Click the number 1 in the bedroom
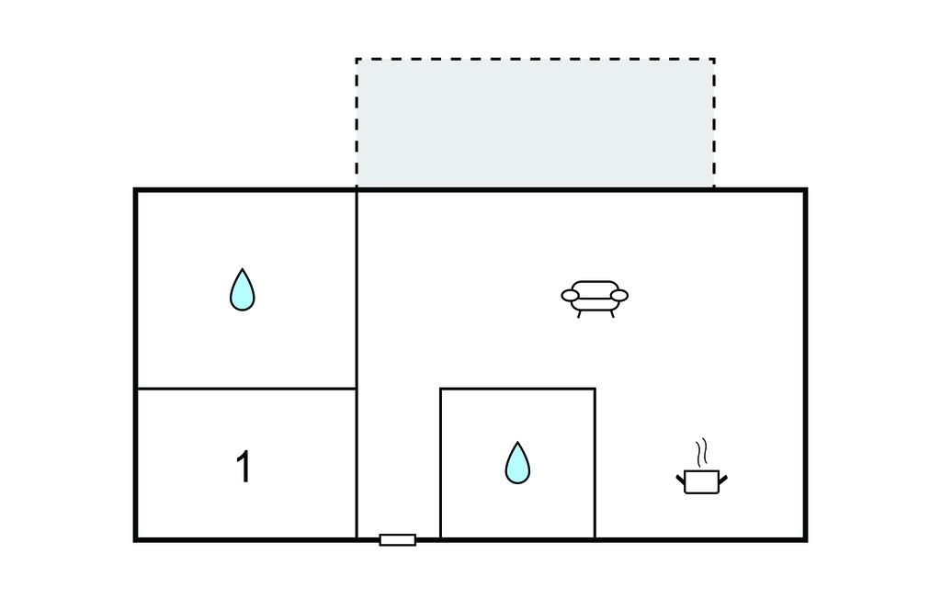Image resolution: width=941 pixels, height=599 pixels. pos(244,467)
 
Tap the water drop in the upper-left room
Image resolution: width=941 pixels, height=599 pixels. pos(243,289)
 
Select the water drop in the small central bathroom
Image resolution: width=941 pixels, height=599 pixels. pos(517,463)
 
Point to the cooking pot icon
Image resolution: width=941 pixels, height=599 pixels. pos(702,481)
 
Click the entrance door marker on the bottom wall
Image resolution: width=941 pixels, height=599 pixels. pos(398,540)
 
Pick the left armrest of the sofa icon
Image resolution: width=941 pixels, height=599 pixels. pos(570,295)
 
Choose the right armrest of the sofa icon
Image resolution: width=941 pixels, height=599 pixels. pos(618,295)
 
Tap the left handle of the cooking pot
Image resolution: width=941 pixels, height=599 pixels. pos(681,480)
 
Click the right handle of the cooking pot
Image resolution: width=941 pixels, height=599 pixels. pos(723,480)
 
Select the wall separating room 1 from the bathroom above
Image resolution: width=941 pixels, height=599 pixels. pos(246,389)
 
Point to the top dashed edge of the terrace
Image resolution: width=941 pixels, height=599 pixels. pos(536,59)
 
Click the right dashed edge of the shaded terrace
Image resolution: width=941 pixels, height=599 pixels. pos(714,123)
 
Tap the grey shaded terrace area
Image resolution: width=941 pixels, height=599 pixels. pos(536,123)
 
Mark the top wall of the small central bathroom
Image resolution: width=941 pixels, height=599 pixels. pos(518,389)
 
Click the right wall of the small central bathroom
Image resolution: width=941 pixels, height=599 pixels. pos(595,463)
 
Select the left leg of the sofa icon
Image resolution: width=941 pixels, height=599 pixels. pos(579,313)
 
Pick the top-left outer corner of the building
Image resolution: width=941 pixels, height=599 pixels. pos(135,189)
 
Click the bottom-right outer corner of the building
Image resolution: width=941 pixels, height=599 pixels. pos(805,540)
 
